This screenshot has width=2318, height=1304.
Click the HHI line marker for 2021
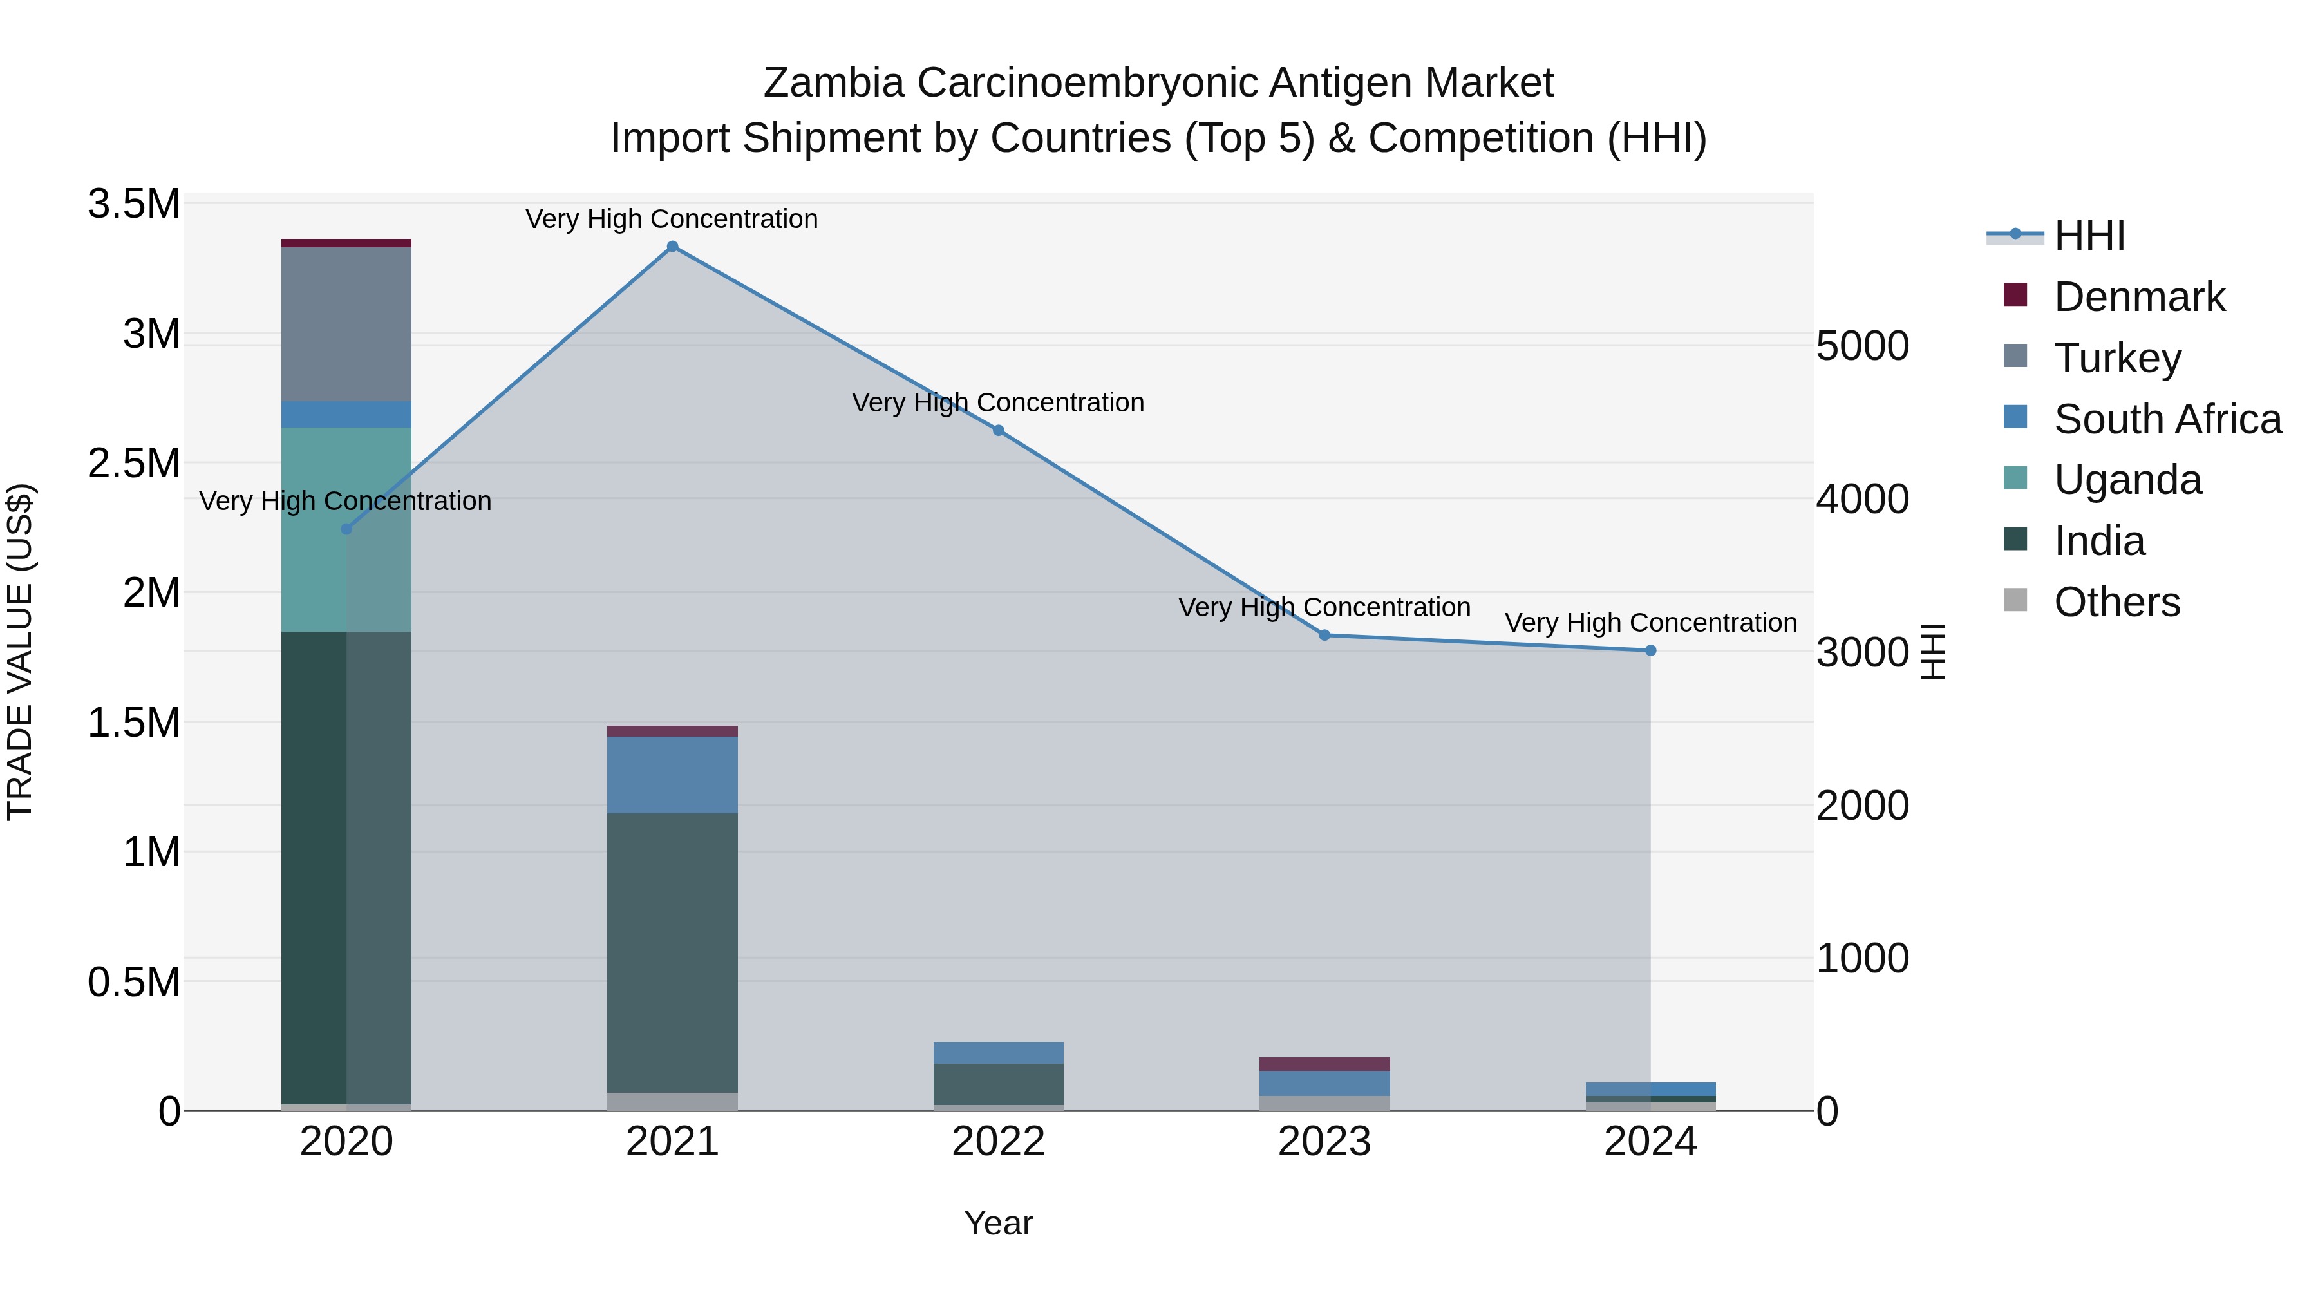(x=672, y=247)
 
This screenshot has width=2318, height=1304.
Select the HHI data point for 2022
(x=998, y=430)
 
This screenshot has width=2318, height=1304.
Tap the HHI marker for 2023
(x=1324, y=636)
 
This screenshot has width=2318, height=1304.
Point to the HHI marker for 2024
(x=1650, y=650)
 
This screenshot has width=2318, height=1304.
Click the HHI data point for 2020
(x=346, y=529)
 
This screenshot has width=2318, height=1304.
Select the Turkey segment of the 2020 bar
(x=346, y=324)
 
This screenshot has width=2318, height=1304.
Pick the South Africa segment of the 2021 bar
(x=672, y=775)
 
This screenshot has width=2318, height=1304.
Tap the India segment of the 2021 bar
(x=672, y=952)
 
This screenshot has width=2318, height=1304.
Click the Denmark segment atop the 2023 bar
(x=1324, y=1064)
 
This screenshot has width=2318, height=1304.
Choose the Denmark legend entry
(x=2139, y=297)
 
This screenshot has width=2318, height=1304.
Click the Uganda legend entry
(x=2127, y=480)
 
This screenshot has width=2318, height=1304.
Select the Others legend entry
(x=2116, y=602)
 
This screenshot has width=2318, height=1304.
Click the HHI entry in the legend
(x=2089, y=236)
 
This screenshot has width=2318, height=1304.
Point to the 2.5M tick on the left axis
(x=134, y=464)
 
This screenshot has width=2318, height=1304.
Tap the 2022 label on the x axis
(x=998, y=1142)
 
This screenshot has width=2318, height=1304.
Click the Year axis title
(x=998, y=1223)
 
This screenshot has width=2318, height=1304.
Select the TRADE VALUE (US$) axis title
(x=20, y=652)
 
